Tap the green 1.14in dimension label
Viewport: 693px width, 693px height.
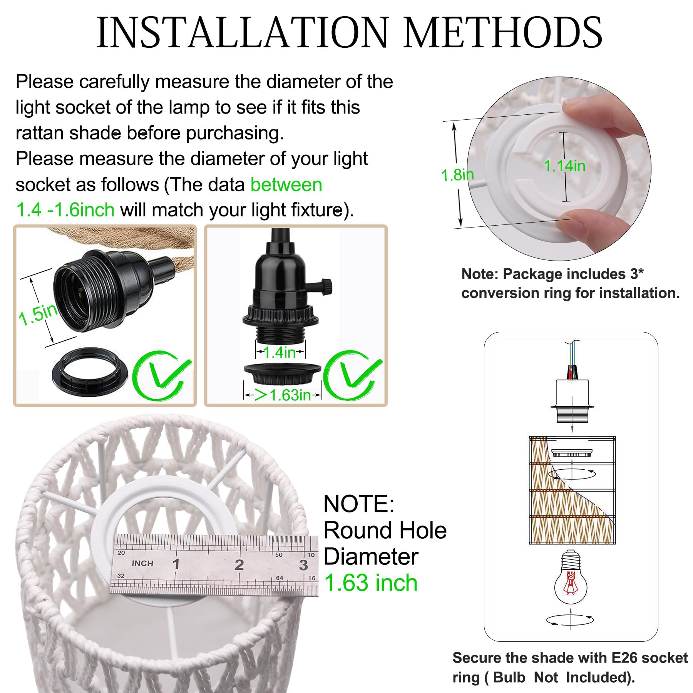(564, 166)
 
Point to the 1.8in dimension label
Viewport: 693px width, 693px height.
(457, 175)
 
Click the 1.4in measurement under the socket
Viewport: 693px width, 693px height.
(280, 352)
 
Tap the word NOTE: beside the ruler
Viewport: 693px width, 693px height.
(359, 504)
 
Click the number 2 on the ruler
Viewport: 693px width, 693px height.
(239, 565)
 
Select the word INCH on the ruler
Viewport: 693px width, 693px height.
(142, 563)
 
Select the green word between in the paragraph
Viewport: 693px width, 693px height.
(286, 185)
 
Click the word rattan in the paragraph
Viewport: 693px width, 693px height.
(40, 133)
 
